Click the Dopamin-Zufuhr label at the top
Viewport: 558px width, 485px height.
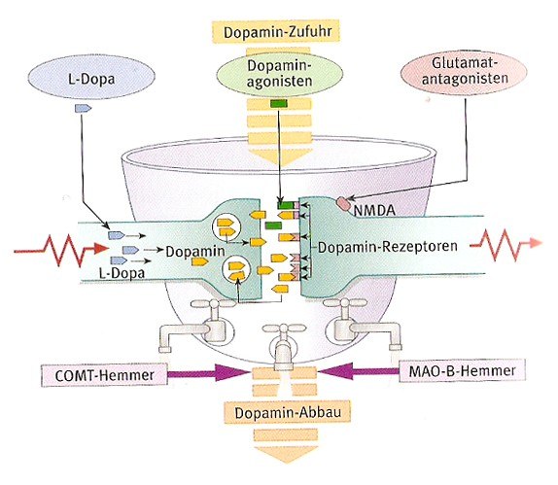[276, 32]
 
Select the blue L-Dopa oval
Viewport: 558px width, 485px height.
[91, 77]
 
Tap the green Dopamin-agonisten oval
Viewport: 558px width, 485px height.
[280, 74]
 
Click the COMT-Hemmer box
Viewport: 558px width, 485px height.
[104, 375]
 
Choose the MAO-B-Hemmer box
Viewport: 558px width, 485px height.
[462, 370]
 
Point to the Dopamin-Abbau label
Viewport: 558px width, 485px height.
[287, 412]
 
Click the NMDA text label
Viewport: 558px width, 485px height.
[374, 210]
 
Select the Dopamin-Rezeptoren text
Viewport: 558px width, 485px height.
[388, 247]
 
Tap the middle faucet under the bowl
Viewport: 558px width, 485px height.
[283, 346]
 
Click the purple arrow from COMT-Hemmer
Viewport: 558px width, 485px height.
[208, 373]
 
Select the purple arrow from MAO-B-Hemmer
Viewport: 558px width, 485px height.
[359, 371]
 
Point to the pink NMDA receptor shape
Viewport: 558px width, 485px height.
[344, 203]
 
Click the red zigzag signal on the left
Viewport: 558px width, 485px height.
[60, 249]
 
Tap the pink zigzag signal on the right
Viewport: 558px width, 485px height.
[506, 244]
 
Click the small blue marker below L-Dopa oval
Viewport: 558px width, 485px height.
[83, 108]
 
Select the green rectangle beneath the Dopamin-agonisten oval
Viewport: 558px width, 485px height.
[279, 104]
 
